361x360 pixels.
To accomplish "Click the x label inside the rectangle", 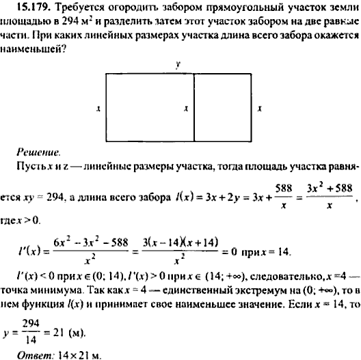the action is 187,108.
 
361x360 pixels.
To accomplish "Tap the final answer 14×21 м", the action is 81,355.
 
